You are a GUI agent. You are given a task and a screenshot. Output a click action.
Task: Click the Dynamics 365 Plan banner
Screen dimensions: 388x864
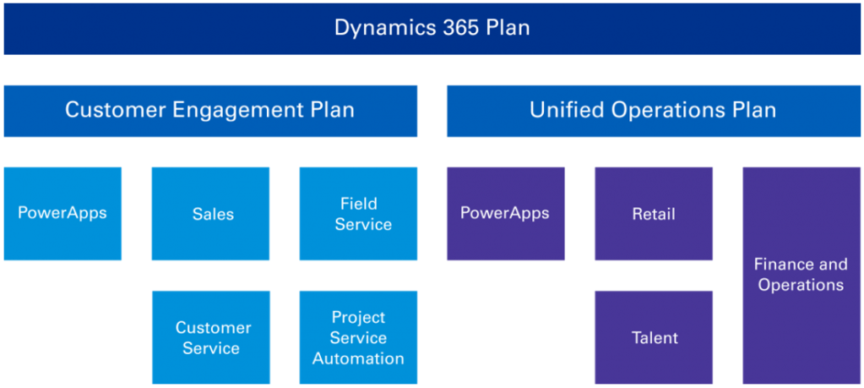432,28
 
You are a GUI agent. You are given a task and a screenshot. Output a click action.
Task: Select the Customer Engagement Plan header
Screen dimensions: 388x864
210,110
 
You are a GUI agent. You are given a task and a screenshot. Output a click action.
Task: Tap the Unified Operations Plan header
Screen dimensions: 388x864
653,110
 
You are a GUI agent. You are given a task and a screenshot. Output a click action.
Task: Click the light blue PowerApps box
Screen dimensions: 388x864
62,213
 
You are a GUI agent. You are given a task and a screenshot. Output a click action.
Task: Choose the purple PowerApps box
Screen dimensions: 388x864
505,213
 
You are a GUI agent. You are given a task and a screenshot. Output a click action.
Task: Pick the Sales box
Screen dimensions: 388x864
210,213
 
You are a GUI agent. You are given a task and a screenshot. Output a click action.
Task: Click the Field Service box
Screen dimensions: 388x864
358,213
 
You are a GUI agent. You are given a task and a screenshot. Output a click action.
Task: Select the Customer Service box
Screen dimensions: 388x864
210,337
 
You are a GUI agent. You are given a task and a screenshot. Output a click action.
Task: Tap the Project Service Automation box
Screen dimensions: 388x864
358,337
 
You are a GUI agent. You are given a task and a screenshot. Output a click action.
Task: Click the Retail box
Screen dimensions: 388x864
653,213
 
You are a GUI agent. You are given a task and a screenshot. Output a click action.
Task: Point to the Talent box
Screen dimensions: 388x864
653,337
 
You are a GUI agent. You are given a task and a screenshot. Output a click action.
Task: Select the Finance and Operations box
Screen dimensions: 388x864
801,275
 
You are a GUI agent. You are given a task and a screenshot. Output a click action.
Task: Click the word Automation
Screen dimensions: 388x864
358,358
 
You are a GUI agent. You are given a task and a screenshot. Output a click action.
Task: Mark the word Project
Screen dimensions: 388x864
358,317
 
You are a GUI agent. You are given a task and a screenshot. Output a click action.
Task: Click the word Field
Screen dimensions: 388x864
358,203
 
